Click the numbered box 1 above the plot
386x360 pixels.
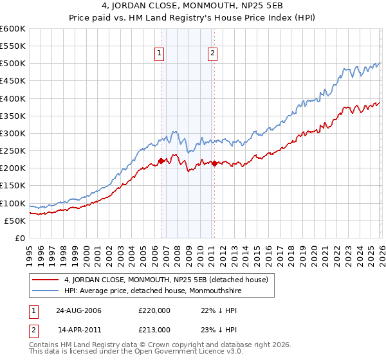coord(159,54)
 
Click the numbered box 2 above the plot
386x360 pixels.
coord(212,54)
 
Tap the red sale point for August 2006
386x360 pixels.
coord(161,161)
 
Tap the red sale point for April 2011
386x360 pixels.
coord(214,163)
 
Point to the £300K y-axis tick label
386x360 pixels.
coord(13,133)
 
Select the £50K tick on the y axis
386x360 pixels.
coord(15,221)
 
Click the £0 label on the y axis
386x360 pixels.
coord(19,238)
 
